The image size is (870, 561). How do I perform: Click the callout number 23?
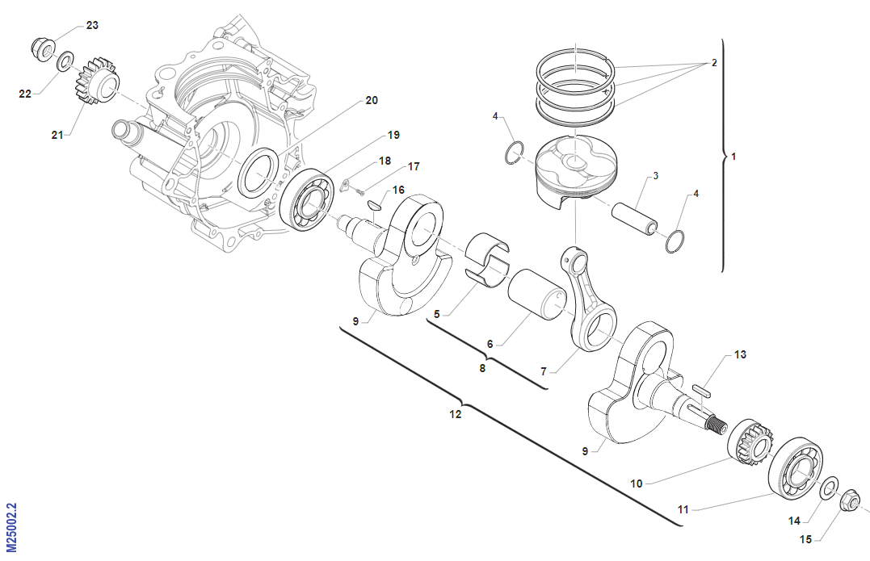(x=92, y=26)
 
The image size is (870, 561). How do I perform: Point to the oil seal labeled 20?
(x=259, y=173)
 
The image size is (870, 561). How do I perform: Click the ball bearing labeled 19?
(x=307, y=199)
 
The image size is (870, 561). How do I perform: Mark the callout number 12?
(x=456, y=414)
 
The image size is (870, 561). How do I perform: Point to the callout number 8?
(x=483, y=369)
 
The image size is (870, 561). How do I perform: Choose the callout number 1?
(x=733, y=156)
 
